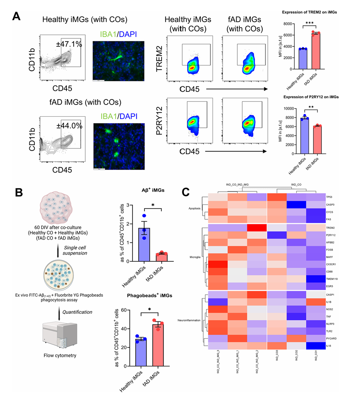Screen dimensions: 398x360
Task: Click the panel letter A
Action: pyautogui.click(x=16, y=16)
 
